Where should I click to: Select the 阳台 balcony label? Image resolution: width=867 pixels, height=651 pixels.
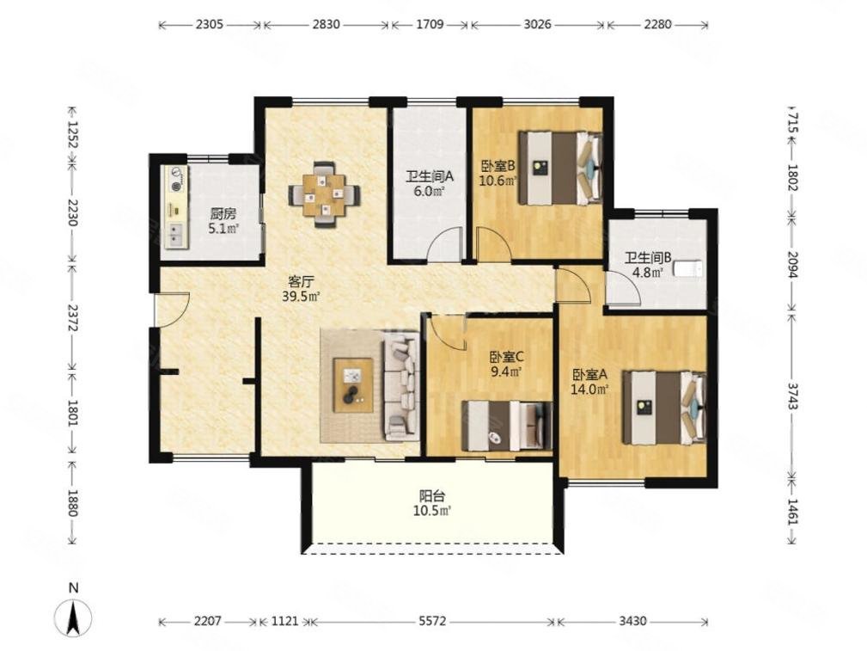(432, 495)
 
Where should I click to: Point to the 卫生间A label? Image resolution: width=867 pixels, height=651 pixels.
(430, 177)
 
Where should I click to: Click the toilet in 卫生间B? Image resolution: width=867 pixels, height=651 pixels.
(688, 269)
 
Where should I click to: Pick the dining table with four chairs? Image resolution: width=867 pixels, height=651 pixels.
(325, 193)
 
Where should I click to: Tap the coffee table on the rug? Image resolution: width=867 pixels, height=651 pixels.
(353, 384)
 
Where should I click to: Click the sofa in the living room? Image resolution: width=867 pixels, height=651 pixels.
(401, 385)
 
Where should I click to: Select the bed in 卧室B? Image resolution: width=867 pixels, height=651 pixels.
(560, 168)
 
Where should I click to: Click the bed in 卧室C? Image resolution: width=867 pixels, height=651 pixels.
(507, 426)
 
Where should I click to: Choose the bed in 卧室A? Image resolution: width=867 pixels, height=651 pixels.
(664, 408)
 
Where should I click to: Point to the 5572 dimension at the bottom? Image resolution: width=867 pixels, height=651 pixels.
(432, 621)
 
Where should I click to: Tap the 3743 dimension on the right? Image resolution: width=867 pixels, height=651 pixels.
(792, 396)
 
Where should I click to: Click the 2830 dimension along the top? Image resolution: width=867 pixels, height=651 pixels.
(326, 24)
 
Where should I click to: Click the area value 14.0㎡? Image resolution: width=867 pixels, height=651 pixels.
(590, 390)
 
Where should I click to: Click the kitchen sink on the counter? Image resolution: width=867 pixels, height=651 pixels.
(176, 235)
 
